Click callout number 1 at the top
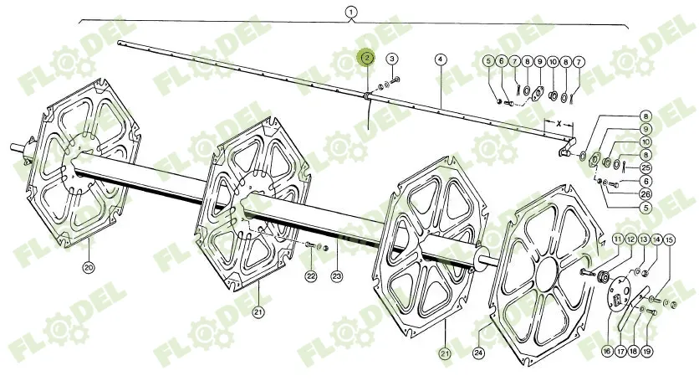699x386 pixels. (x=350, y=12)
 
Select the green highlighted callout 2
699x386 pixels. (x=366, y=58)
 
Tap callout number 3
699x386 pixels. (x=392, y=59)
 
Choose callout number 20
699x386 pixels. (x=89, y=268)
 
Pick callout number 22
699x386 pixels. (x=310, y=275)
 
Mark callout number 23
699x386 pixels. (x=337, y=275)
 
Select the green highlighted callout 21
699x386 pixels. (x=445, y=353)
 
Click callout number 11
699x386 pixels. (x=617, y=240)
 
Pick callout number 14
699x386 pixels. (x=656, y=240)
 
